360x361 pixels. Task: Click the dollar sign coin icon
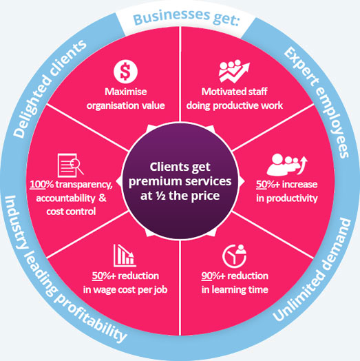[x=125, y=72]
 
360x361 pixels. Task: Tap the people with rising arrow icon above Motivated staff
[x=234, y=71]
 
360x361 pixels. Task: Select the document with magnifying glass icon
[x=70, y=165]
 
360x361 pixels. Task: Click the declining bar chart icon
[x=125, y=256]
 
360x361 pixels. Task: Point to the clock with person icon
[x=235, y=256]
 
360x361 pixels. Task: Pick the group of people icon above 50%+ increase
[x=287, y=165]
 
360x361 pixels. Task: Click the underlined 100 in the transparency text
[x=38, y=184]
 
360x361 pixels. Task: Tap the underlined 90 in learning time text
[x=207, y=276]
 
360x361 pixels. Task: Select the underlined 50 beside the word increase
[x=262, y=184]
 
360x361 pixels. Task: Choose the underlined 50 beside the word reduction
[x=97, y=276]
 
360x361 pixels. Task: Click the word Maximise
[x=126, y=92]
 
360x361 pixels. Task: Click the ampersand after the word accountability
[x=103, y=198]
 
